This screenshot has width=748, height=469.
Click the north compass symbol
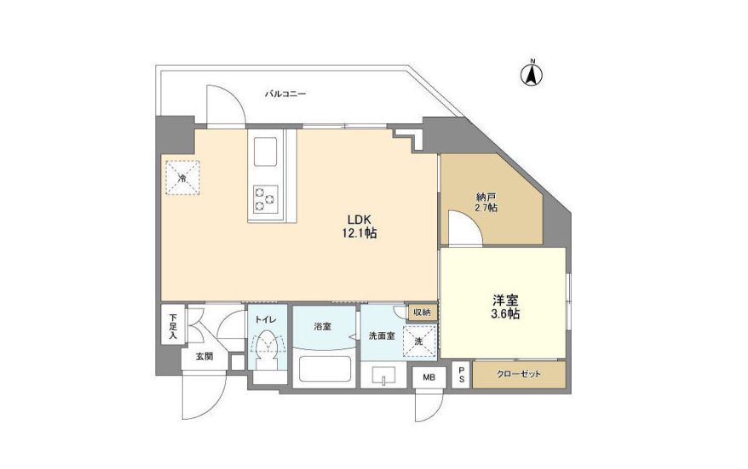(x=532, y=74)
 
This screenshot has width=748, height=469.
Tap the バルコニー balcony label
(x=285, y=94)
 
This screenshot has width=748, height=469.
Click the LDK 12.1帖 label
(x=356, y=225)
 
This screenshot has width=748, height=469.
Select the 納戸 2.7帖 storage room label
(x=486, y=202)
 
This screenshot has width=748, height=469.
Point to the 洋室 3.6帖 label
(x=505, y=307)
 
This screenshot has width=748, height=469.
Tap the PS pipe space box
(x=461, y=375)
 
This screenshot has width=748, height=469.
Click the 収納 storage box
(x=422, y=312)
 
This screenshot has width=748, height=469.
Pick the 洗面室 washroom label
(x=381, y=336)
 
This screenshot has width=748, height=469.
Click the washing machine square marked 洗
(x=420, y=339)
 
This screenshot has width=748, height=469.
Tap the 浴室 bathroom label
(x=322, y=326)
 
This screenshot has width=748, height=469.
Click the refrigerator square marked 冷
(x=182, y=177)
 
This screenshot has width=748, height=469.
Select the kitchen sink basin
(x=264, y=154)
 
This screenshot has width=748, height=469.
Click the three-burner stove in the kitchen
(x=264, y=198)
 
